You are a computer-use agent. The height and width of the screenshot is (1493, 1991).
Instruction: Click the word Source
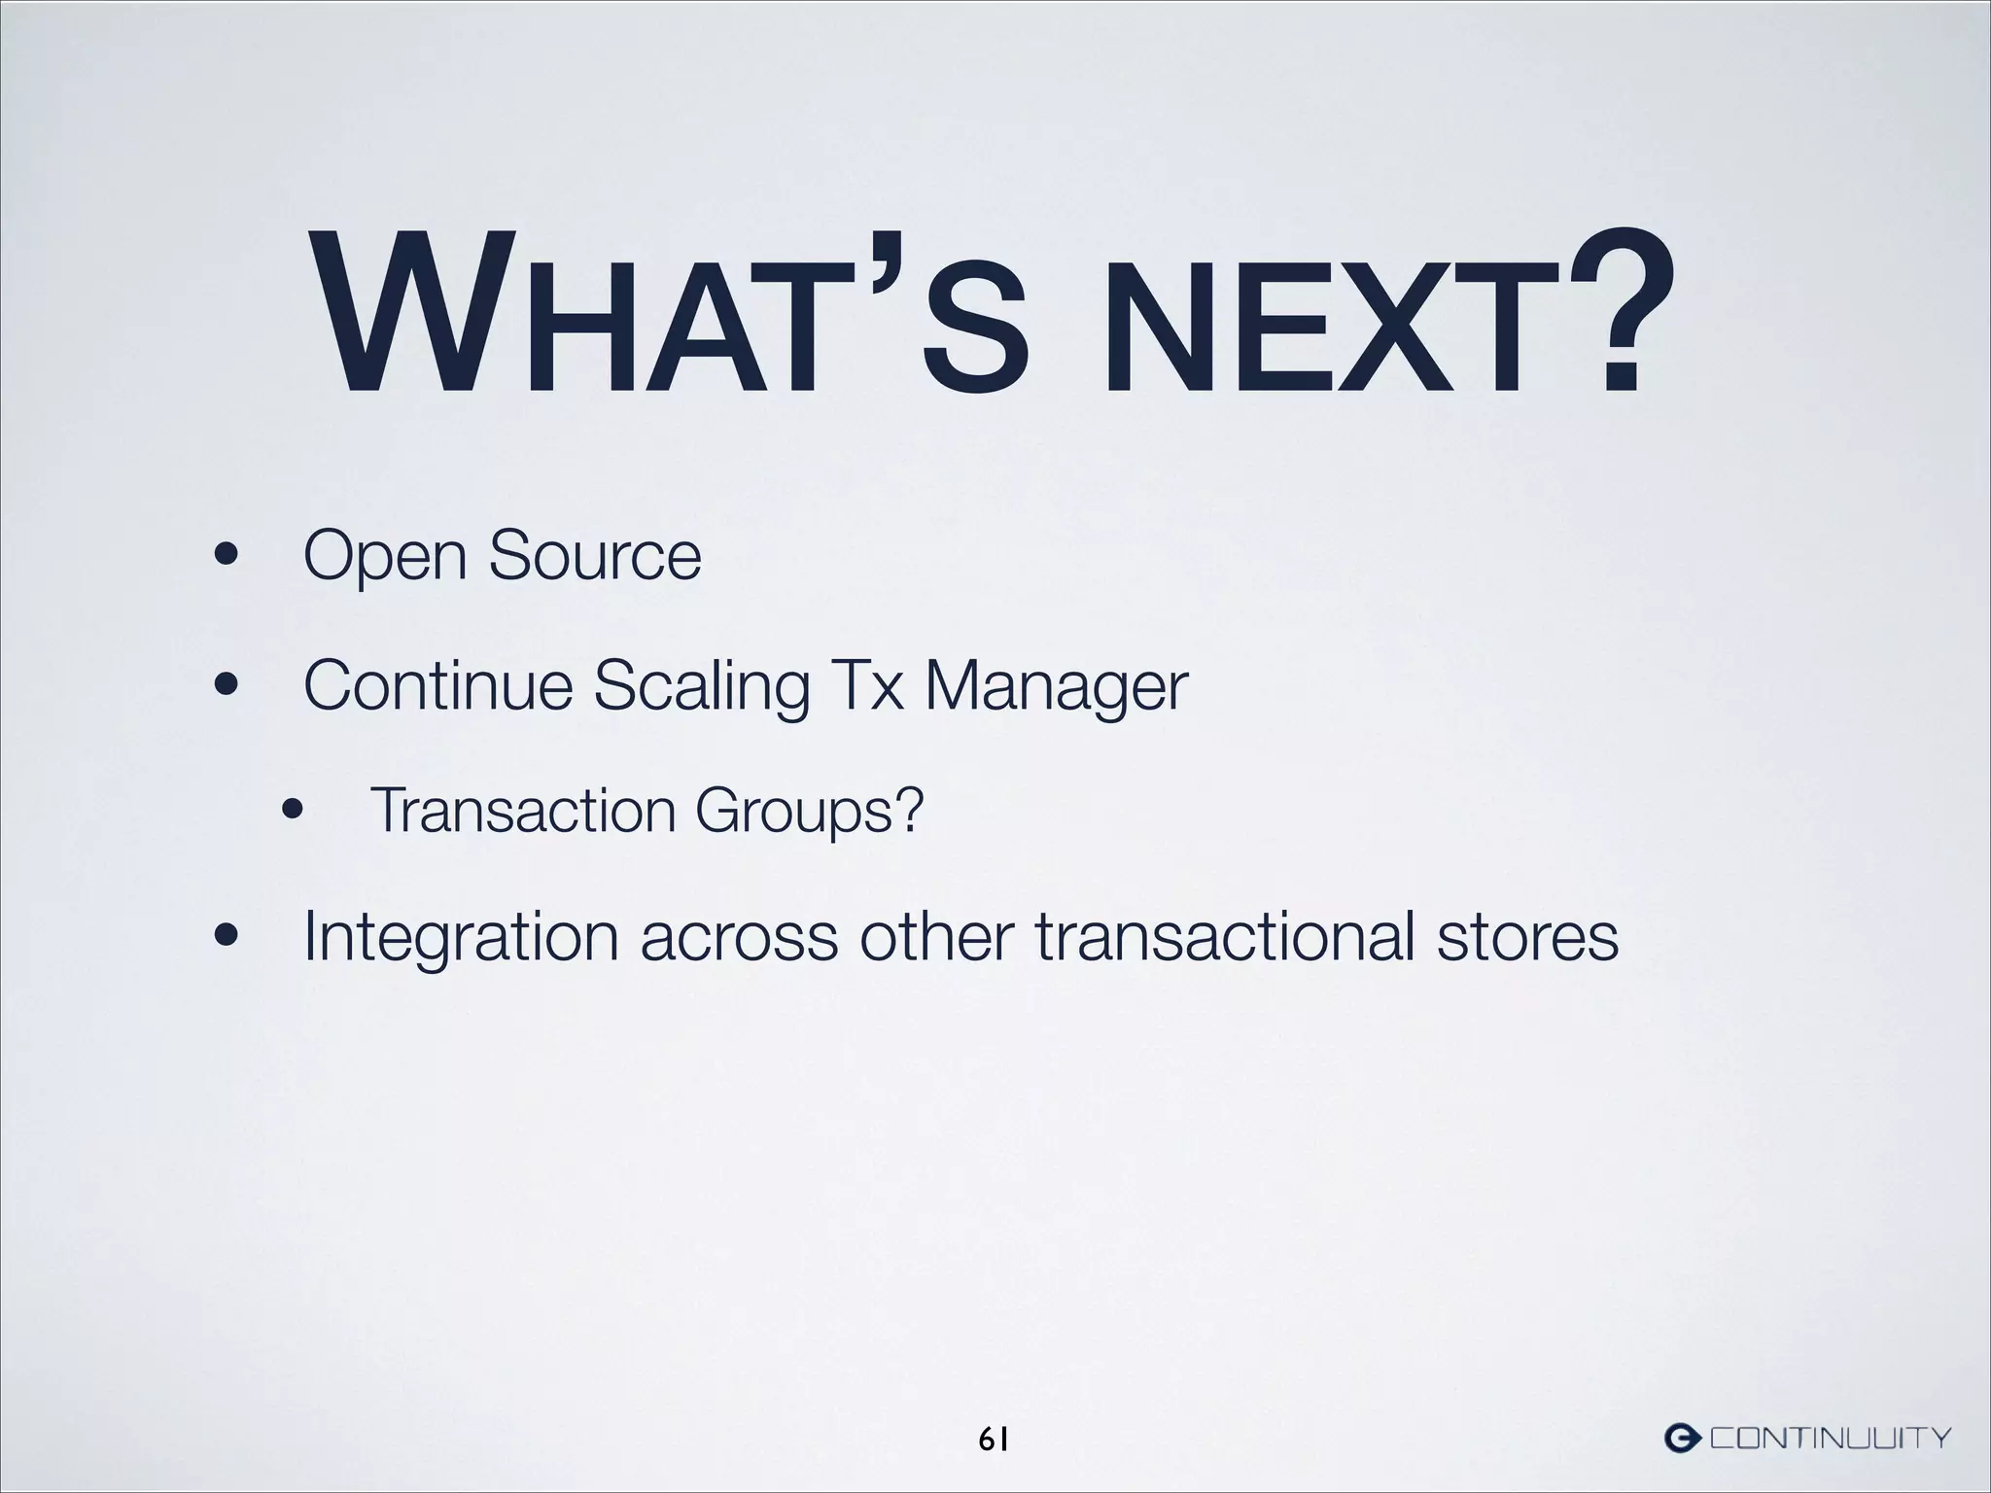point(594,555)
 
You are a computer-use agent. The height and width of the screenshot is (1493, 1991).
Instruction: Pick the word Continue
point(437,685)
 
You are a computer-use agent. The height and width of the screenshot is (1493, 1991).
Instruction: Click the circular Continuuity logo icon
point(1683,1437)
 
